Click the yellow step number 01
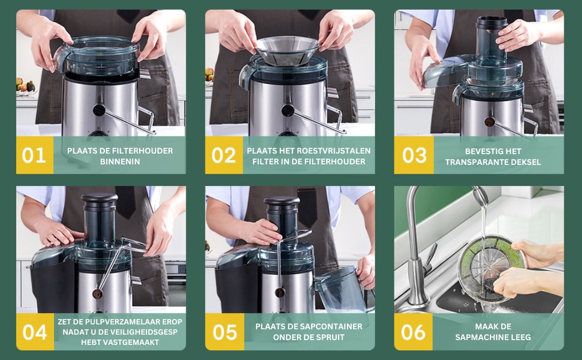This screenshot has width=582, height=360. tap(34, 155)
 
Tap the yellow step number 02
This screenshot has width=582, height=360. tap(224, 155)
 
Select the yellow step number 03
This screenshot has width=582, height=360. tap(414, 155)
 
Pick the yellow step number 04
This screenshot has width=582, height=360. tap(34, 332)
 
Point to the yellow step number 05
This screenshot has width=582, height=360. tap(225, 332)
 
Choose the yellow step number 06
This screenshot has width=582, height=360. tap(413, 332)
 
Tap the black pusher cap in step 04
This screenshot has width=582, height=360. tap(99, 198)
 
